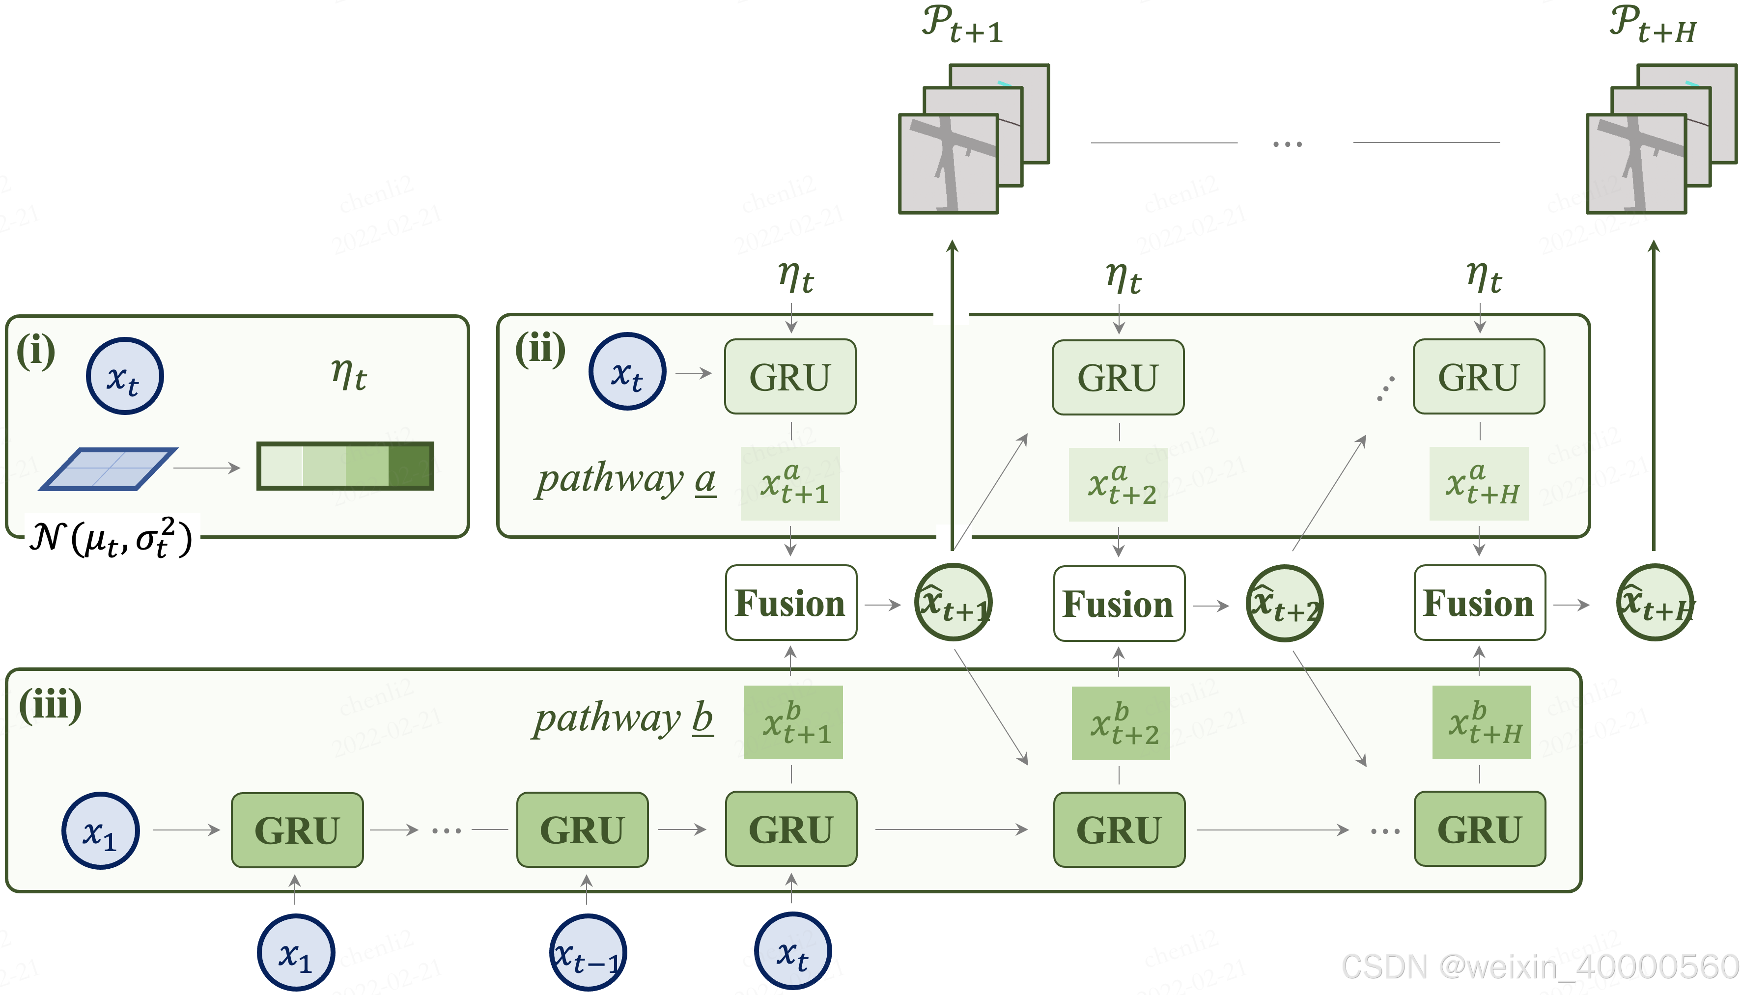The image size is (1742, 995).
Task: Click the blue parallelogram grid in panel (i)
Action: (x=108, y=469)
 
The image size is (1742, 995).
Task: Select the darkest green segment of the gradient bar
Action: (x=410, y=466)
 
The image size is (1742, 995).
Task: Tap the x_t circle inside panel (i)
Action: (x=124, y=376)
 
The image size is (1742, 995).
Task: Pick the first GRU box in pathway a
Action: (x=790, y=377)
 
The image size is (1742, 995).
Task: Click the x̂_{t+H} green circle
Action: (x=1654, y=603)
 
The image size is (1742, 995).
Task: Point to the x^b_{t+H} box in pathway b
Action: (x=1481, y=722)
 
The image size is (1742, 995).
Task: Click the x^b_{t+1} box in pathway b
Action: (x=793, y=722)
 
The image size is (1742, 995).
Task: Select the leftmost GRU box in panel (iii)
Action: (x=297, y=829)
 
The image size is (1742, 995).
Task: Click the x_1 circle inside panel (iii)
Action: (x=100, y=830)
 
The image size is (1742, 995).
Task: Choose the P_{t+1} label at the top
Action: (x=961, y=25)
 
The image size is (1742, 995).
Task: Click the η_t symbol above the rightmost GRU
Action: (x=1483, y=278)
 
